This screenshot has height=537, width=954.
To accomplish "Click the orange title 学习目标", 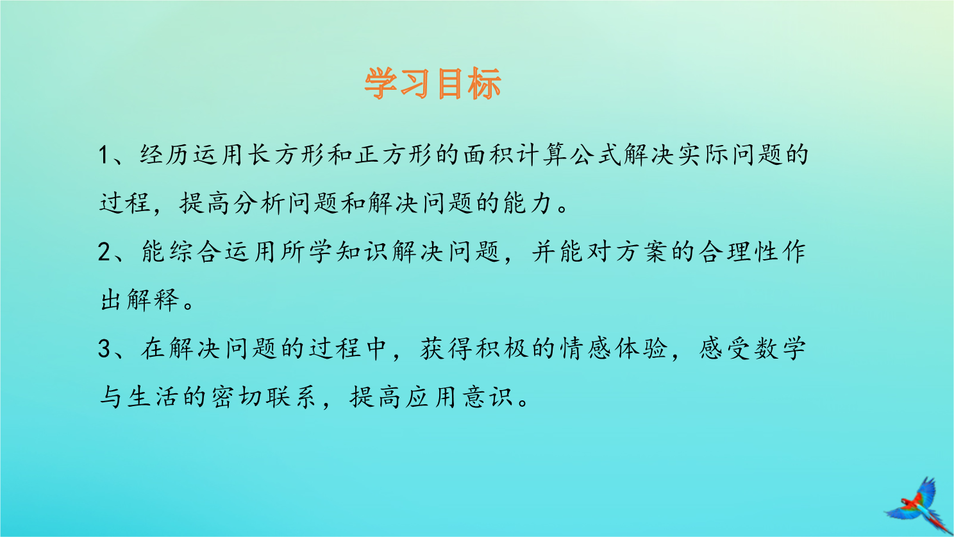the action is [x=433, y=84].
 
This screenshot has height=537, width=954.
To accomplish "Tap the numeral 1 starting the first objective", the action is [x=103, y=155].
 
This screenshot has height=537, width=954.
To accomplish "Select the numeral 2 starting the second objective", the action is [x=105, y=251].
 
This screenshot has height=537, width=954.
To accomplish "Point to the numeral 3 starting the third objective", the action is [x=105, y=348].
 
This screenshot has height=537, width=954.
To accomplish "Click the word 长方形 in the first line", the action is [x=285, y=154].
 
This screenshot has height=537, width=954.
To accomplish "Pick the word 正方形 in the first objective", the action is [x=393, y=154].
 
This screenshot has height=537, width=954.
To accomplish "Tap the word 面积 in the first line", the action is [x=488, y=154].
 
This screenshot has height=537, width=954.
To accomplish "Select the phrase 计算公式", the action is [x=568, y=154].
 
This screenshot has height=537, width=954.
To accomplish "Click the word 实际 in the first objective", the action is [x=703, y=154].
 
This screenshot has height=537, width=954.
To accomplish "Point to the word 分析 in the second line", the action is [x=259, y=203].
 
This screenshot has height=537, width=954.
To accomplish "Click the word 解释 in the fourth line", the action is [x=153, y=300].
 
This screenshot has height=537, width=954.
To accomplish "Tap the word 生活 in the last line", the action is [x=153, y=397].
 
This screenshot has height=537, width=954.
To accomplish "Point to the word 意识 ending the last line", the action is [x=489, y=397].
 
